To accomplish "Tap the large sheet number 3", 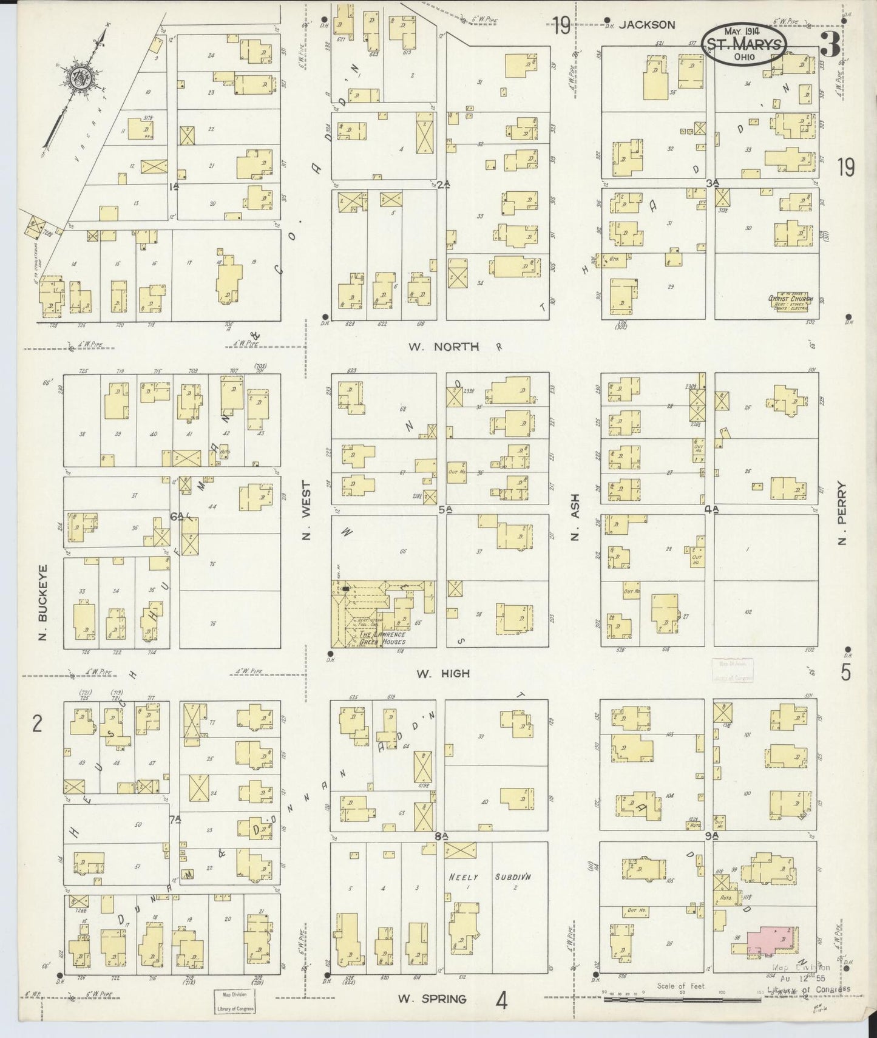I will click(830, 44).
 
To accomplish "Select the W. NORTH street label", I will click(444, 347).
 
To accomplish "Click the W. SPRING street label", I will click(432, 999).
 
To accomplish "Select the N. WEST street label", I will click(306, 511).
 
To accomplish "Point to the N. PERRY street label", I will click(841, 514).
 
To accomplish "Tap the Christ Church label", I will click(790, 299).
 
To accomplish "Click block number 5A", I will click(445, 511).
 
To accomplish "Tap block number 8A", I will click(441, 836).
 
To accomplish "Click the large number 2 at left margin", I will click(37, 724).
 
